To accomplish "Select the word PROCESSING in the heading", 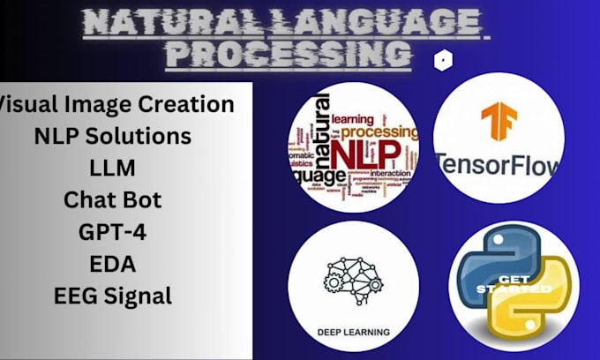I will (290, 54).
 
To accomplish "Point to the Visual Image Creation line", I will (116, 104).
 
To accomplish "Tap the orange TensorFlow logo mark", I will (499, 124).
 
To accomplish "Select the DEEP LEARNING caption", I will (353, 331).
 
